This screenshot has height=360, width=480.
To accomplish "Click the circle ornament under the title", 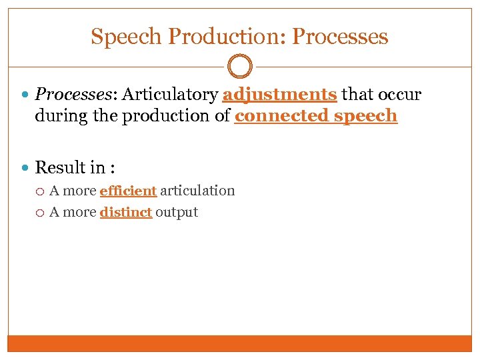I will click(240, 67).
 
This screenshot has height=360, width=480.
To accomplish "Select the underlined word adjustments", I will click(279, 95).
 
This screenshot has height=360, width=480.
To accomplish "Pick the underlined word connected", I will click(281, 116).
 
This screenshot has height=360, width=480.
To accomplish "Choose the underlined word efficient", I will click(128, 191).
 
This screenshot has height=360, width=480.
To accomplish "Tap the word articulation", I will click(197, 191).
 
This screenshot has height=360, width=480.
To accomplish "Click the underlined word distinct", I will click(126, 213).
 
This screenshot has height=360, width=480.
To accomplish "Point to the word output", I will click(177, 213).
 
